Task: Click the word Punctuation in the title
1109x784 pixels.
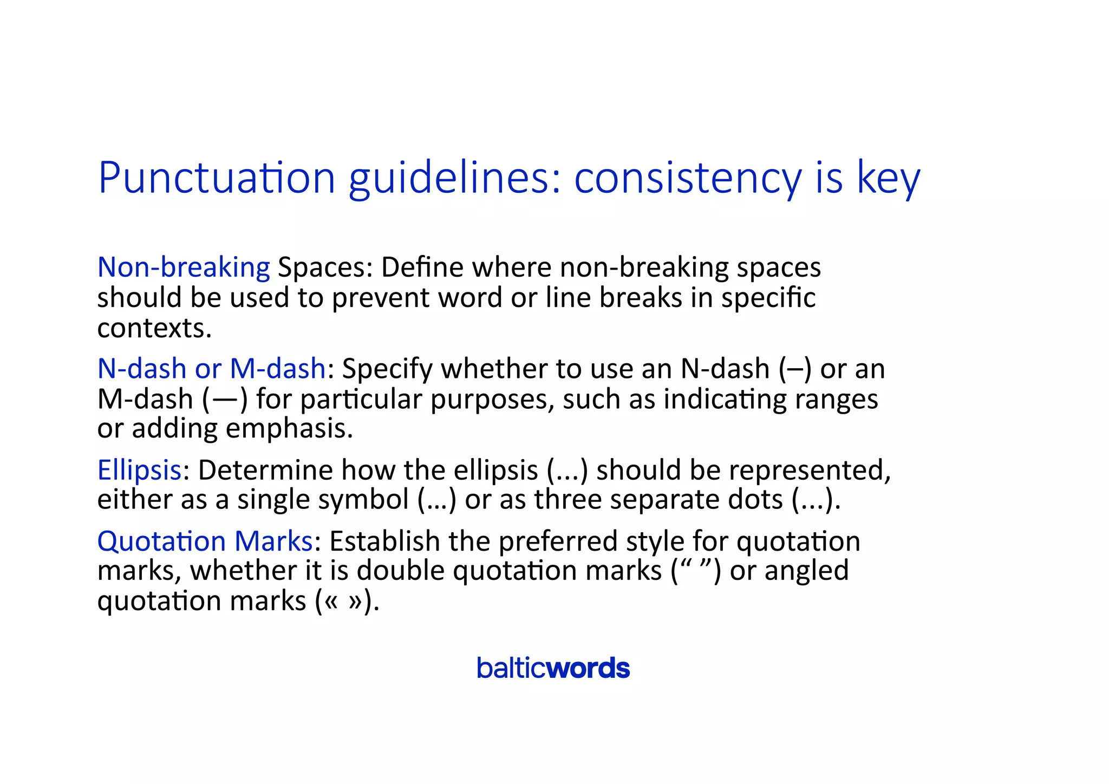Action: tap(217, 179)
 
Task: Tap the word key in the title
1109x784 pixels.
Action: tap(888, 179)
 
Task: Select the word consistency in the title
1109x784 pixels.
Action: tap(687, 179)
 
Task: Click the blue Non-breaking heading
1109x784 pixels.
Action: tap(184, 267)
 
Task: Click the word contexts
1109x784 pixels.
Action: tap(154, 328)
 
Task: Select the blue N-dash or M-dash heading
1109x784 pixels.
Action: tap(211, 369)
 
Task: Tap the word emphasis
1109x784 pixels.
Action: tap(289, 428)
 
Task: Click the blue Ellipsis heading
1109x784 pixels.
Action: tap(139, 470)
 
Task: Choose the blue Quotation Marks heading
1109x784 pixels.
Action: tap(205, 541)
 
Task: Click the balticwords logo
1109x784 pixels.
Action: tap(553, 668)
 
